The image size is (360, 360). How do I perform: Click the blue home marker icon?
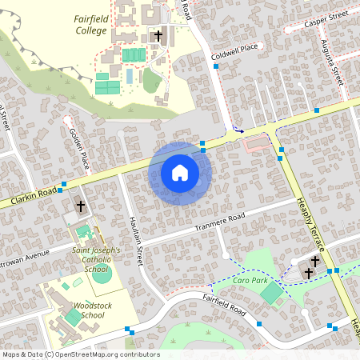[x=179, y=173]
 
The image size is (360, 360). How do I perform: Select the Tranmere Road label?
[x=219, y=223]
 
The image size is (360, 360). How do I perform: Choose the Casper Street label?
[x=327, y=19]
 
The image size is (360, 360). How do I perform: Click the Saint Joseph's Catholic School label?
[x=96, y=259]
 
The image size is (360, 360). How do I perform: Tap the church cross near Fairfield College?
[x=158, y=36]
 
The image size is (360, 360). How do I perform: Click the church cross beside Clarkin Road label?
[x=80, y=206]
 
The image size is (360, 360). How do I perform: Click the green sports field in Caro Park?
[x=272, y=294]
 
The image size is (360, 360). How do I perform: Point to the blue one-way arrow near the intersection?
[x=238, y=129]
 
